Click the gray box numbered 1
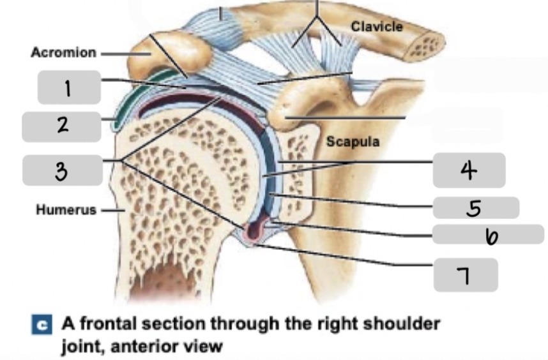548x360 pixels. (69, 87)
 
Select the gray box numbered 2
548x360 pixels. (62, 126)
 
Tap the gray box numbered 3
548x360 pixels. (62, 170)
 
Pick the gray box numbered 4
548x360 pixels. (469, 170)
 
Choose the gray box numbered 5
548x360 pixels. (475, 208)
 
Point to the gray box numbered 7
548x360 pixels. (466, 274)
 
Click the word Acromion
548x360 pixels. (63, 52)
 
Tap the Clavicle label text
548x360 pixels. (377, 27)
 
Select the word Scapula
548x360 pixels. (353, 141)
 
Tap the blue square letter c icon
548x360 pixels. (47, 324)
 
